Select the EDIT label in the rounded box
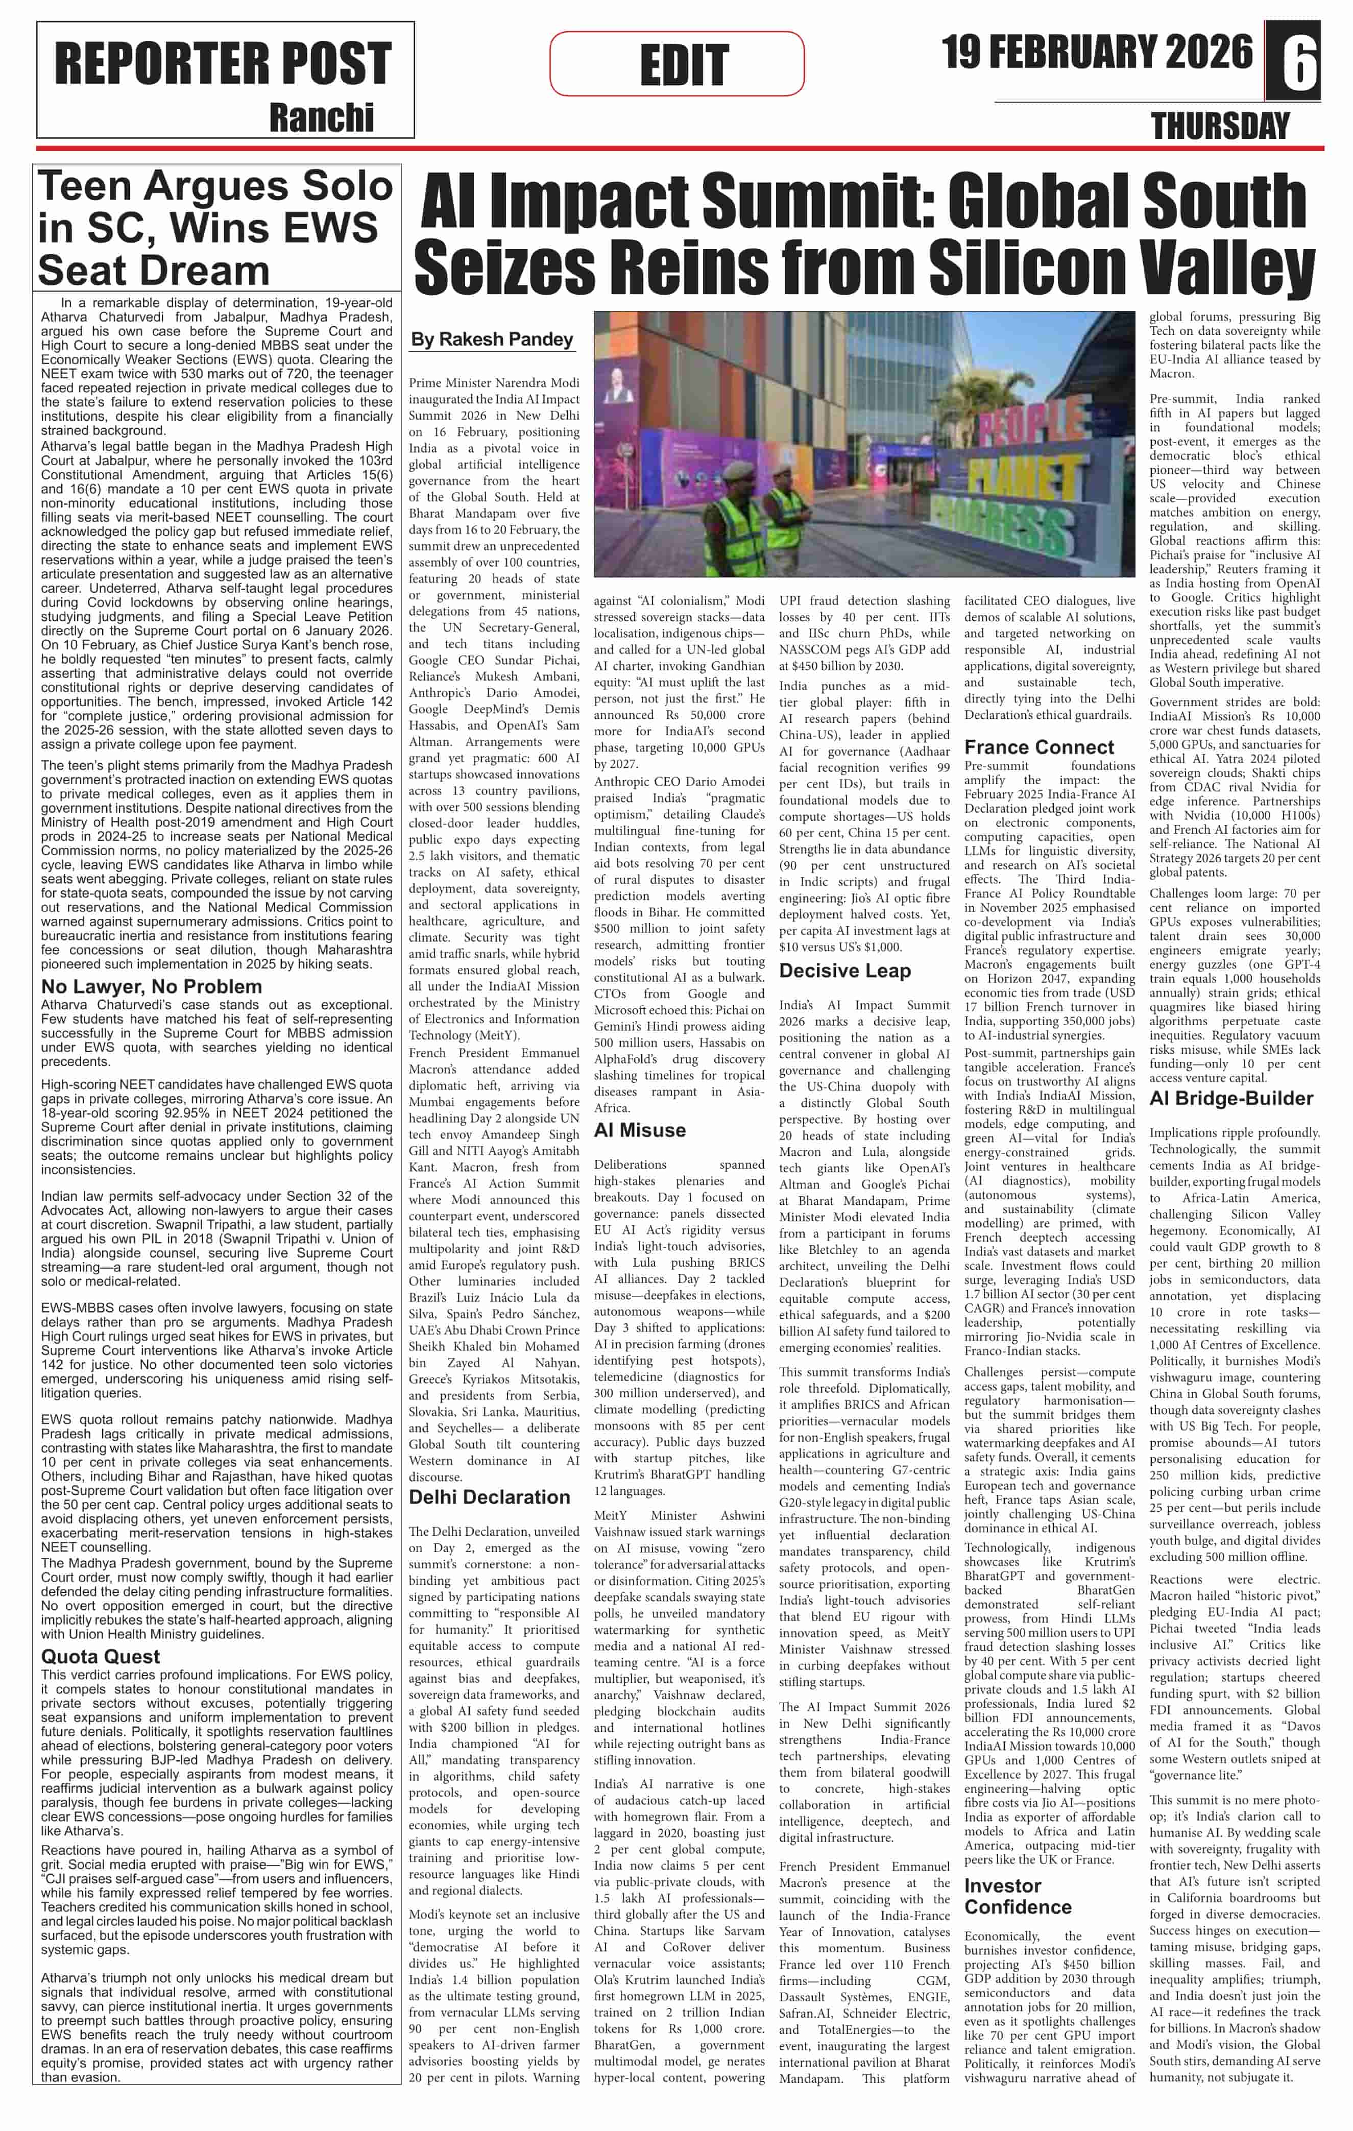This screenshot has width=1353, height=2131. click(x=684, y=65)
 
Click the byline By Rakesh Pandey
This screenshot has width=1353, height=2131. click(x=492, y=339)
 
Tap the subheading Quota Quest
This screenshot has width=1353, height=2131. click(x=101, y=1656)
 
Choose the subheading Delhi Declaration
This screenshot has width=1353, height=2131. click(x=489, y=1496)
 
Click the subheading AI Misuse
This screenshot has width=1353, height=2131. click(x=640, y=1130)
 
